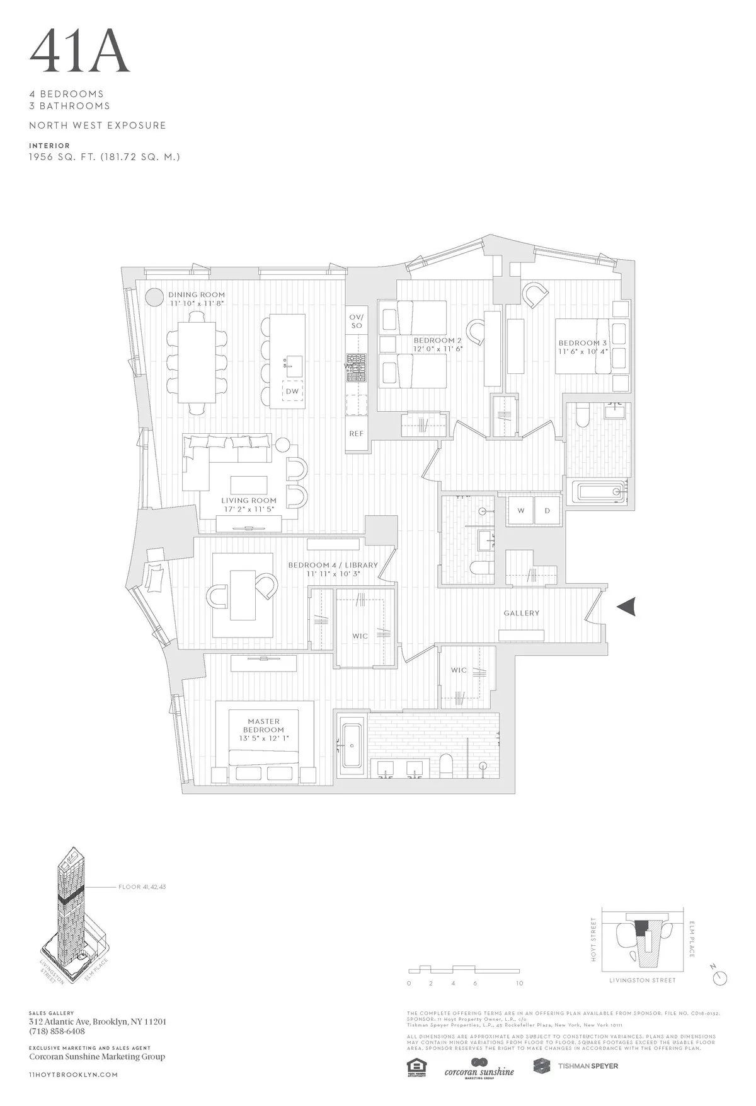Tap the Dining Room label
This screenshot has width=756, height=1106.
coord(196,295)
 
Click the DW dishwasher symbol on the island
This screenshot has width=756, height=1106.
coord(292,392)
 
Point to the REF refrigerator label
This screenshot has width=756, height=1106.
coord(357,434)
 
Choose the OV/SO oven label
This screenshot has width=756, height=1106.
coord(357,321)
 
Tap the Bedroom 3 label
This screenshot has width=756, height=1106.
coord(582,344)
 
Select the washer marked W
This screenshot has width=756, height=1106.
coord(521,511)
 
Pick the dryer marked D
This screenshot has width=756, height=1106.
coord(547,511)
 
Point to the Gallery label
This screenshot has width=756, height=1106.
coord(521,613)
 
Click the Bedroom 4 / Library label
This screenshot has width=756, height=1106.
coord(333,565)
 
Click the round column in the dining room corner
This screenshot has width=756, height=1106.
coord(153,298)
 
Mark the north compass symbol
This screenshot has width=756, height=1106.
coord(719,977)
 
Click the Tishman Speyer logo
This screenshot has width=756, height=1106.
coord(575,1066)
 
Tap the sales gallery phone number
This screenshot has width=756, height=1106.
coord(57,1032)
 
